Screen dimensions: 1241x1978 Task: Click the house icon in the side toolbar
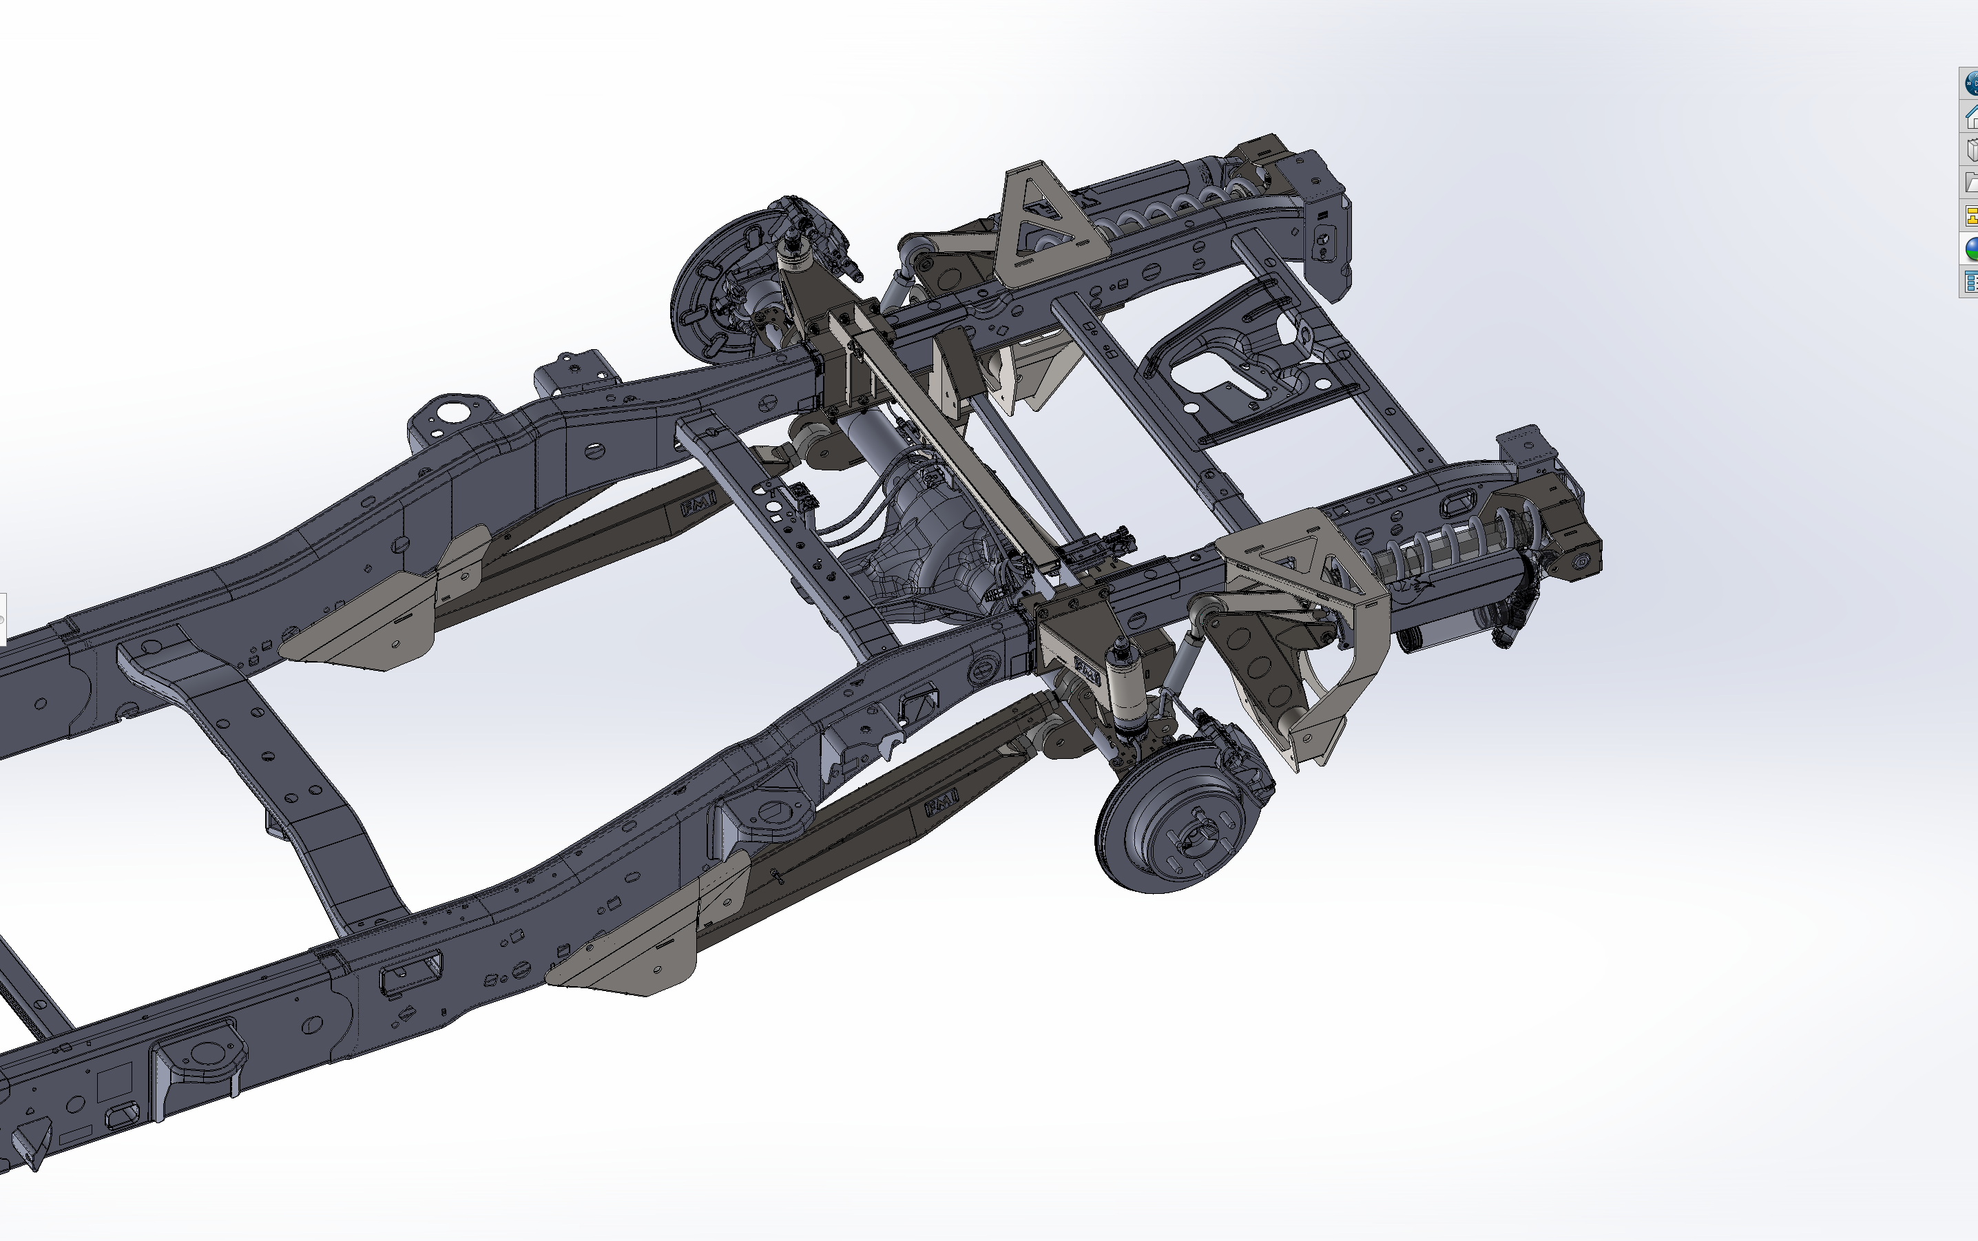[1970, 117]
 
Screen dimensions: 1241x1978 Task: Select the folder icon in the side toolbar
[1970, 183]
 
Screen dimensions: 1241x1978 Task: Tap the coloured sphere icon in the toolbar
[1970, 249]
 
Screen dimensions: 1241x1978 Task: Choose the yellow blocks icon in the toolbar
[1970, 216]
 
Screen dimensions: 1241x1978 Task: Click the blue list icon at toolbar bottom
[1970, 282]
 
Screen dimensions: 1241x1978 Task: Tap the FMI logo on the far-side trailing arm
[698, 505]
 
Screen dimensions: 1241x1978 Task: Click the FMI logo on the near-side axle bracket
[1087, 672]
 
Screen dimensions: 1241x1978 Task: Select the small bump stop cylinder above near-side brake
[1121, 685]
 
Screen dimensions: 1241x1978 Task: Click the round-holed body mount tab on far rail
[450, 410]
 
